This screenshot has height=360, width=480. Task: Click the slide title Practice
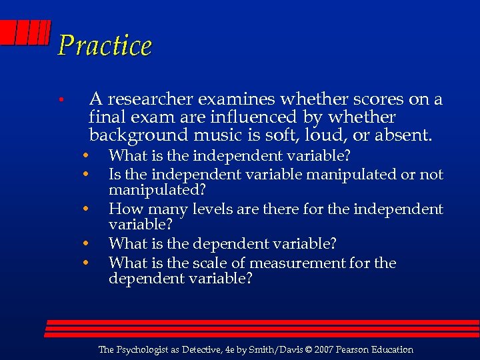[x=105, y=45]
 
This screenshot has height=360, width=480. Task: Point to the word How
[x=123, y=209]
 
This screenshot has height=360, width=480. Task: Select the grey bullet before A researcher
[x=60, y=101]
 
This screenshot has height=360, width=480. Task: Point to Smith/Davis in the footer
[x=269, y=350]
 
